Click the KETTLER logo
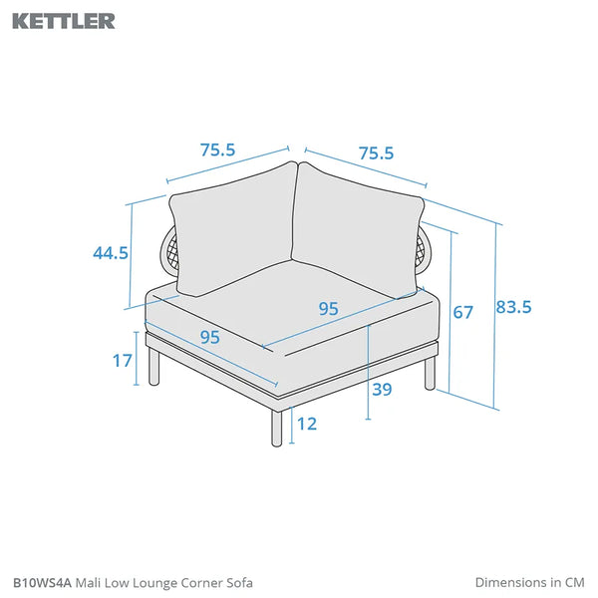click(64, 21)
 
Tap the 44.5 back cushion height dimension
click(111, 253)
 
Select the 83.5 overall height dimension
click(513, 307)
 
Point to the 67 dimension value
click(463, 312)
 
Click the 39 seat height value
click(382, 390)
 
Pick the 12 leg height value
click(307, 424)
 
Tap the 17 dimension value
click(123, 361)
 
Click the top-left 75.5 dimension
click(217, 149)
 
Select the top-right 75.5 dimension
click(376, 153)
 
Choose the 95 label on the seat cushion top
click(328, 309)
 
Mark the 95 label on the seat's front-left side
click(210, 337)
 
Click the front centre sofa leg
click(277, 428)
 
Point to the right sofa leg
click(430, 374)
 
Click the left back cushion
click(233, 229)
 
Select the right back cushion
click(358, 230)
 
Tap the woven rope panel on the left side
click(169, 251)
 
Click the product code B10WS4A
click(42, 583)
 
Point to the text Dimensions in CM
click(530, 582)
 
